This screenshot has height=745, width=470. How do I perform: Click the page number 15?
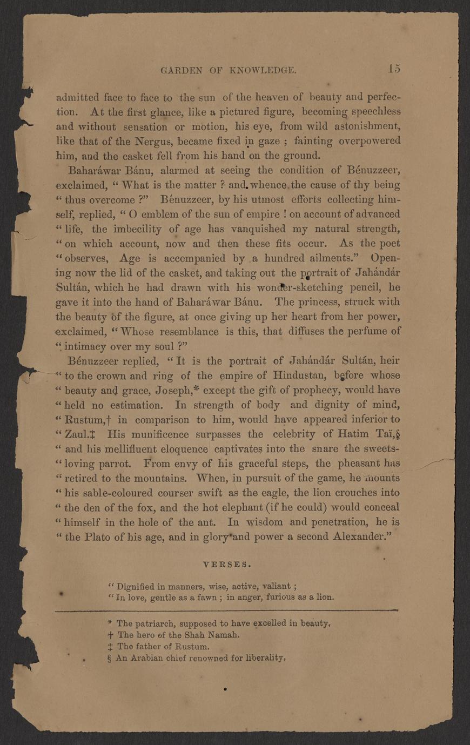click(x=393, y=69)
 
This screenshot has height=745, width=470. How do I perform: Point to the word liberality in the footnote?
click(x=261, y=658)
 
